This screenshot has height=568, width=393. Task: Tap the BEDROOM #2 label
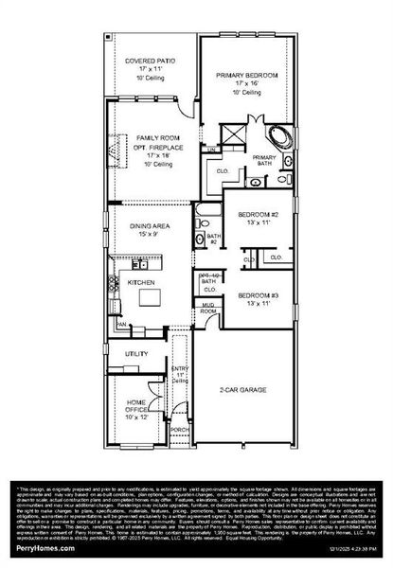pos(258,213)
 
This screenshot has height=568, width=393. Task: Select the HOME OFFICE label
pos(136,406)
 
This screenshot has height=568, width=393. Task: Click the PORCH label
pos(180,428)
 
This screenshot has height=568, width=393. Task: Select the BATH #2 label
pos(213,239)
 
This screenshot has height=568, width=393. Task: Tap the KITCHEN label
pos(141,282)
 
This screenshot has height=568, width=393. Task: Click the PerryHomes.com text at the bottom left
pos(37,548)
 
